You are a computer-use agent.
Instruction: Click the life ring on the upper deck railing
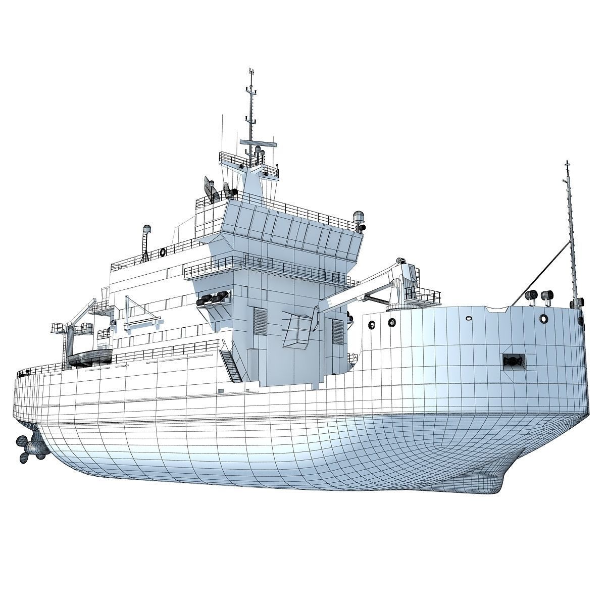[x=163, y=251]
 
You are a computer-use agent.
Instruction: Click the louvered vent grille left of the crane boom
[x=260, y=323]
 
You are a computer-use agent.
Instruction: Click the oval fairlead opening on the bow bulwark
[x=468, y=319]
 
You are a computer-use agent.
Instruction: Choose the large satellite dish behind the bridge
[x=210, y=188]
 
